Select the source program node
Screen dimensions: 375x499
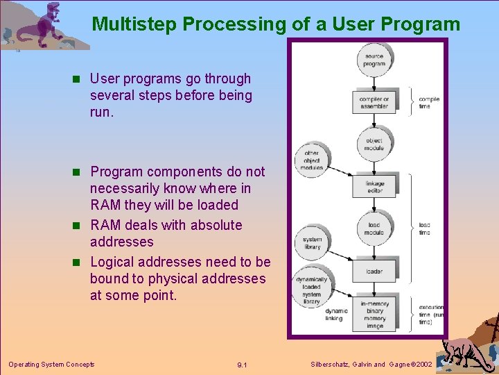coord(374,59)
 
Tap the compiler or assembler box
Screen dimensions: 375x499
coord(374,103)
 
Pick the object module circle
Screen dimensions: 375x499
coord(374,144)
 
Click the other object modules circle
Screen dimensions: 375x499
coord(312,160)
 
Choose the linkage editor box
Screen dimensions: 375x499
coord(374,187)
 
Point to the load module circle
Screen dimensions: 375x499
coord(374,228)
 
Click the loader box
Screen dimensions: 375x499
coord(374,272)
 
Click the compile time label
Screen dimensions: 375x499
coord(429,103)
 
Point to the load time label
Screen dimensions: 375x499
coord(425,228)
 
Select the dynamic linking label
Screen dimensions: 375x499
coord(336,315)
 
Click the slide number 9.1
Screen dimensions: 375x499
coord(242,365)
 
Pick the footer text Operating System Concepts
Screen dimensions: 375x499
coord(51,364)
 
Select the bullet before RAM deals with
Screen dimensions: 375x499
coord(80,226)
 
